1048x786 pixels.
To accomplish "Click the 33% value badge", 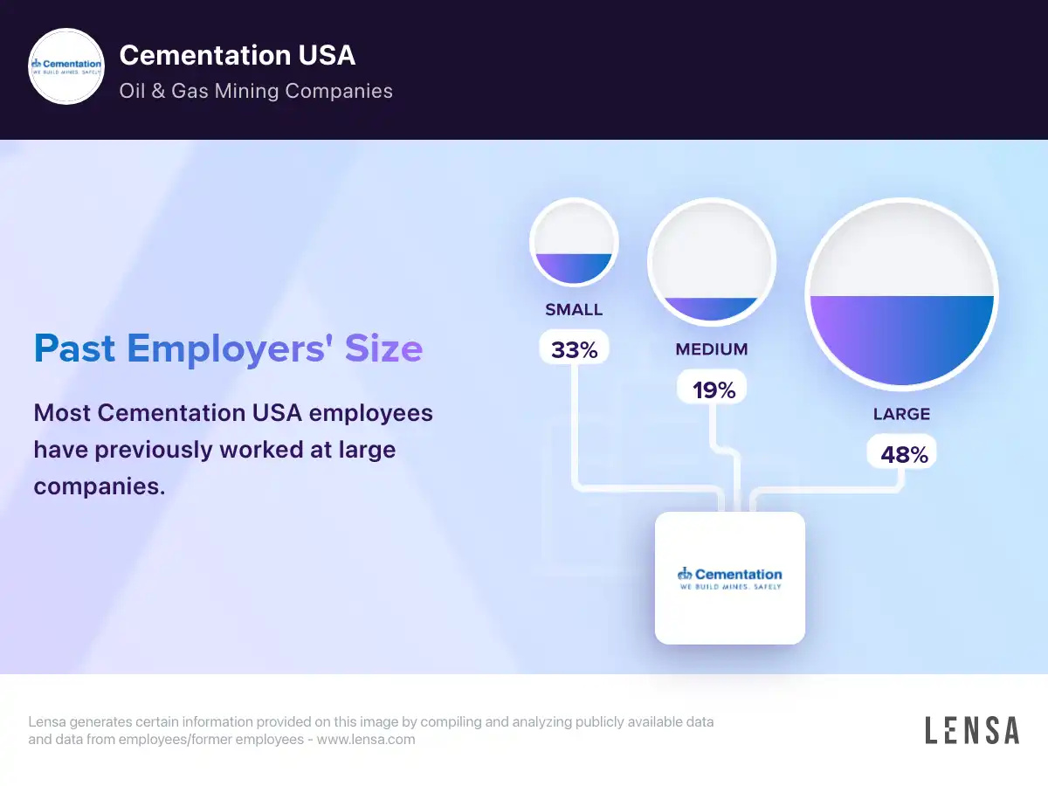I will tap(574, 349).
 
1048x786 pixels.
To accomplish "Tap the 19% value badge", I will tap(714, 390).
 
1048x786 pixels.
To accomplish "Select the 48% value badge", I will tap(902, 454).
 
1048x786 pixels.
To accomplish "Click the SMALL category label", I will tap(574, 310).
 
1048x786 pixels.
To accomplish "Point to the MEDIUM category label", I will tap(712, 349).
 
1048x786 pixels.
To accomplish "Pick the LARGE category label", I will tap(901, 414).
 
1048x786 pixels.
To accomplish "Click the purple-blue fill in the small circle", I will tap(574, 267).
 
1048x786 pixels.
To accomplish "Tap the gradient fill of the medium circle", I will tap(712, 308).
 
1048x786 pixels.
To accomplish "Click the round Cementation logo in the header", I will tap(66, 67).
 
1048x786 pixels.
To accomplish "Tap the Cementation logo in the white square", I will tap(730, 578).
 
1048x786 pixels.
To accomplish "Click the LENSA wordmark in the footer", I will tap(972, 730).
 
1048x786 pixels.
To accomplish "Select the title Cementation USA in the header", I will tap(238, 55).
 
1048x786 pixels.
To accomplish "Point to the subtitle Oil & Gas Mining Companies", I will tap(256, 91).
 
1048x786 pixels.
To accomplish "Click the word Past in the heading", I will tap(74, 348).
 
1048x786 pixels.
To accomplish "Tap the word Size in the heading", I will tap(383, 348).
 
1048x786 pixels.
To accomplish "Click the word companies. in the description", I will tap(100, 486).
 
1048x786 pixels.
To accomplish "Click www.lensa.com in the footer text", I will tap(366, 739).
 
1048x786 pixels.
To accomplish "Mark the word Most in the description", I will tap(62, 412).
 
